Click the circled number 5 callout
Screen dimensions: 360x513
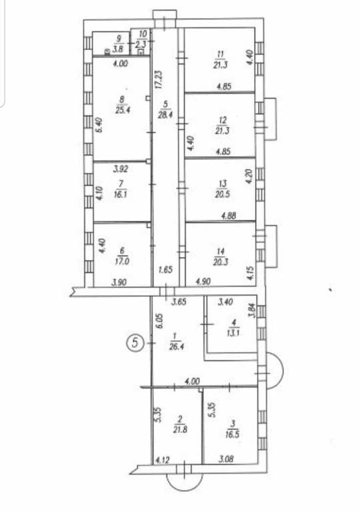click(135, 342)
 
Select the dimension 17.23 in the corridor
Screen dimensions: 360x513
click(159, 80)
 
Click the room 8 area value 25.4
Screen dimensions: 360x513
click(123, 109)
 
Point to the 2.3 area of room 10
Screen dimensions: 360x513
click(141, 45)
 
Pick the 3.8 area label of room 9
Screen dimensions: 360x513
click(118, 49)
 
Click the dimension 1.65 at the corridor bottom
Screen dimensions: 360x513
click(165, 270)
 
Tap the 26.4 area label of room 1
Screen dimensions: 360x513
click(176, 346)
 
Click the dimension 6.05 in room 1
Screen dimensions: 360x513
click(159, 322)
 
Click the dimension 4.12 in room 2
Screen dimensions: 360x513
click(162, 460)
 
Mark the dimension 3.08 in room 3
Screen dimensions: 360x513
click(225, 459)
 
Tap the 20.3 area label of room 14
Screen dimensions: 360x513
click(221, 262)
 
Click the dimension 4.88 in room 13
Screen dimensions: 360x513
click(229, 215)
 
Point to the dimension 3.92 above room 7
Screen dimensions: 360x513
click(121, 169)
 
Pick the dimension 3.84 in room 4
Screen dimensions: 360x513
click(251, 310)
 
